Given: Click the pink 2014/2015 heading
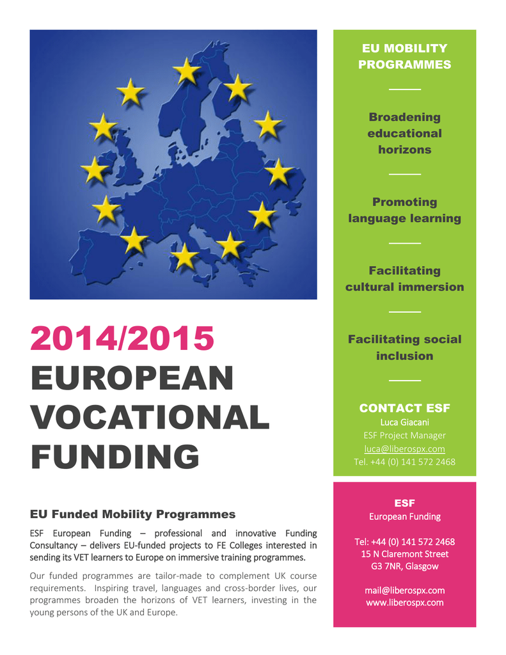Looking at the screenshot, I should click(122, 339).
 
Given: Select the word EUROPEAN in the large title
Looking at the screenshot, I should click(132, 378).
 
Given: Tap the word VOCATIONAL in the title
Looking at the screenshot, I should click(150, 418).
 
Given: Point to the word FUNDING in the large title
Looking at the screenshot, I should click(115, 457).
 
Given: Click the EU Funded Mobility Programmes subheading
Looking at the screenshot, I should click(132, 514).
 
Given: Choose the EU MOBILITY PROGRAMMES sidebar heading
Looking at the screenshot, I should click(404, 56).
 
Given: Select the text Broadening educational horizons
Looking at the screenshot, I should click(404, 133).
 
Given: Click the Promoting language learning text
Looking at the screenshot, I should click(404, 210).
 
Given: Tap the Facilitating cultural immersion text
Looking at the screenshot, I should click(404, 278).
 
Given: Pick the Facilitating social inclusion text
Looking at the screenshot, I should click(404, 347).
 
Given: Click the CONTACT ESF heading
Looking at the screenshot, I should click(404, 408).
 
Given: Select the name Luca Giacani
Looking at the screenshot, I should click(404, 422).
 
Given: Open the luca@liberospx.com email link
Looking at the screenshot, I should click(404, 449).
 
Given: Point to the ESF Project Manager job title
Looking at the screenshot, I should click(404, 436).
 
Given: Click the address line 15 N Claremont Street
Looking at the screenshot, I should click(404, 554).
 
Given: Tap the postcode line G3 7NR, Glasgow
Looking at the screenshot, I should click(404, 566).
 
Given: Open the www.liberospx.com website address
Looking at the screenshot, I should click(404, 603).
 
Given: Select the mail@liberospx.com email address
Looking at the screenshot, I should click(404, 590).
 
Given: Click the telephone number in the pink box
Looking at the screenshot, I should click(404, 542).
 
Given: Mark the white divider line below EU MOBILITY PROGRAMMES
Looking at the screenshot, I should click(404, 90).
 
